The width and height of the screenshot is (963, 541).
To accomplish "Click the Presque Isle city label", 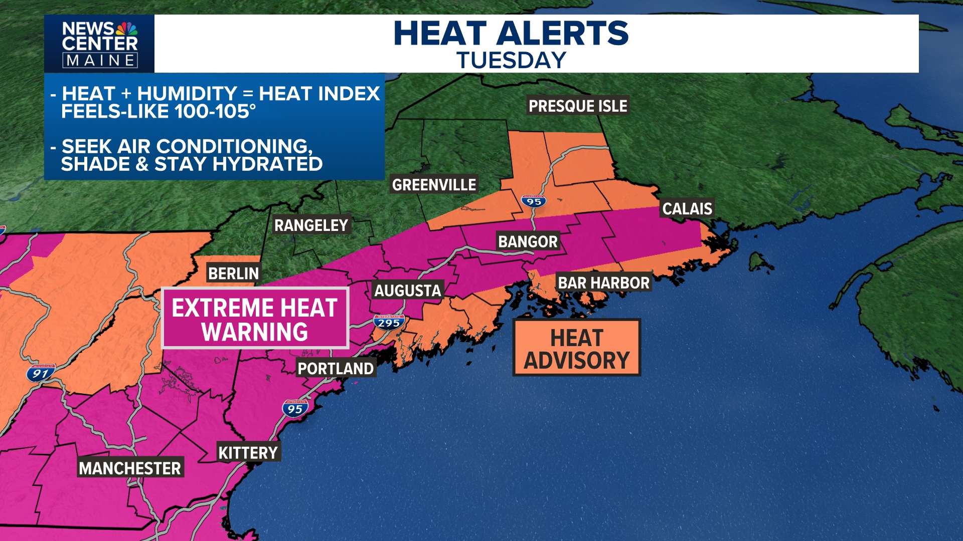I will (x=578, y=106).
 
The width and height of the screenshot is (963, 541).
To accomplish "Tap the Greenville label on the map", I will (x=434, y=185).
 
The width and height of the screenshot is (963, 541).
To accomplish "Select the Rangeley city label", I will (x=311, y=225).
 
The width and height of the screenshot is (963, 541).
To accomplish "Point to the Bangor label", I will (x=528, y=242).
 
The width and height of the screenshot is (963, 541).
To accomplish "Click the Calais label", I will (x=687, y=209).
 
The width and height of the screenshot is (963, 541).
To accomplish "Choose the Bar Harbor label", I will (x=603, y=283).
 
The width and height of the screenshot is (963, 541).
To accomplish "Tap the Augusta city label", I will (x=408, y=291).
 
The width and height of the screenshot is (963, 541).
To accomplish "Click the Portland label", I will (x=336, y=369).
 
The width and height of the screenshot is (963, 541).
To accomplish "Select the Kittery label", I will (x=248, y=453).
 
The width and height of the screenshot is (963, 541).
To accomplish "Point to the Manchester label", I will (x=130, y=468).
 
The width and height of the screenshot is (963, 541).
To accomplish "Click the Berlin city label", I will (x=233, y=274).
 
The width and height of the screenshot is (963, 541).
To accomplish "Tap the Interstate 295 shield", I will (x=389, y=322).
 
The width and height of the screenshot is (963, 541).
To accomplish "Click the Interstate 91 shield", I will (x=41, y=373).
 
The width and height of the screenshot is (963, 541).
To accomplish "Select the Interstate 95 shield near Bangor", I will (x=534, y=201).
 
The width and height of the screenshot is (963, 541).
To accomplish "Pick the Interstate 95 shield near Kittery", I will (x=295, y=409).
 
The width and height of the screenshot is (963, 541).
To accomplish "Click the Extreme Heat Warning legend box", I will (x=255, y=319).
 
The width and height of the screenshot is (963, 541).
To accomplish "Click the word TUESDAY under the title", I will (x=511, y=61).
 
